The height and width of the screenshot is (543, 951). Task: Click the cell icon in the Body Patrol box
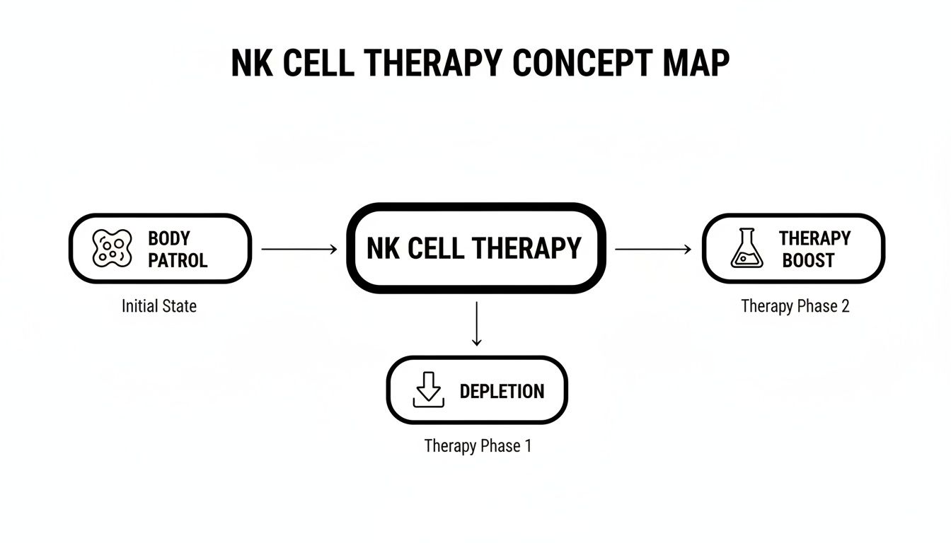pos(113,248)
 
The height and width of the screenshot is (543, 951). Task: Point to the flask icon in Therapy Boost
pos(747,248)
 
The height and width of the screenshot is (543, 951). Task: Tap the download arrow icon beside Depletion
pos(428,390)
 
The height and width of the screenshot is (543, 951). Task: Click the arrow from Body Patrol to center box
pos(298,249)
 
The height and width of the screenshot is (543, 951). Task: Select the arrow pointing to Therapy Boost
pos(652,249)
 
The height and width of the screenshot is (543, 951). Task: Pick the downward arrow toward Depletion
pos(476,324)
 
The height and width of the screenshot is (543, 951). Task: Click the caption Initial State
pos(159,306)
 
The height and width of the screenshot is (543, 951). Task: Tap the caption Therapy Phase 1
pos(478,446)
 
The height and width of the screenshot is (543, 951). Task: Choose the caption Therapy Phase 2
pos(795,306)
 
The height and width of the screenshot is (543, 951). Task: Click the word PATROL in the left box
pos(178,260)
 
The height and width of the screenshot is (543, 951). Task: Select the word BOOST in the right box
pos(808,260)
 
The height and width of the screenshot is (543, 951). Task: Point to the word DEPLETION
pos(502,391)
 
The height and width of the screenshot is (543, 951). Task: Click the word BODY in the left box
pos(169,238)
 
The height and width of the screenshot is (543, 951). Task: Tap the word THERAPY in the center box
pos(526,248)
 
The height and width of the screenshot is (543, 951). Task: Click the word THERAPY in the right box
pos(814,238)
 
